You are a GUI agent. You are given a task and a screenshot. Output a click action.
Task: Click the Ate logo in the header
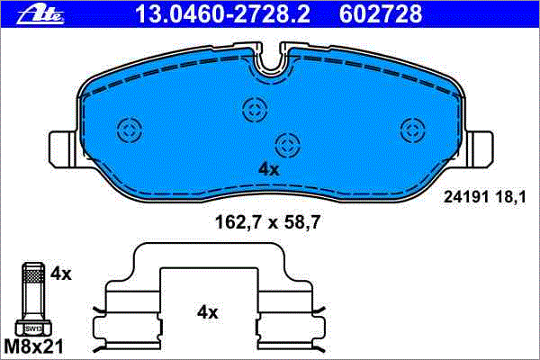pyautogui.click(x=40, y=15)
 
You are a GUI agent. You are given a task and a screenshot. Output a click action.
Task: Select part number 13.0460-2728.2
pyautogui.click(x=223, y=14)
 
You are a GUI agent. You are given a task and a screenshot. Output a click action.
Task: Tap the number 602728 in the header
pyautogui.click(x=381, y=14)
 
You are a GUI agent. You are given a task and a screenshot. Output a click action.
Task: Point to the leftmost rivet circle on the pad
pyautogui.click(x=130, y=130)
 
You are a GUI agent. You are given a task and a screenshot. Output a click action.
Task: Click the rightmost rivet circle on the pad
pyautogui.click(x=413, y=130)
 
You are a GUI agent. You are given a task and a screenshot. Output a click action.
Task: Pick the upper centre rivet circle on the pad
pyautogui.click(x=255, y=110)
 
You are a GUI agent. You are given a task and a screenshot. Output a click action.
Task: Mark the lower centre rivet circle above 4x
pyautogui.click(x=288, y=145)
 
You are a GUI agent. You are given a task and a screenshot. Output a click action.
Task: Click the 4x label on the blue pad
pyautogui.click(x=268, y=169)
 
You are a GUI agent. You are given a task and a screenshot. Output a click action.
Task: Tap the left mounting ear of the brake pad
pyautogui.click(x=63, y=149)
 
